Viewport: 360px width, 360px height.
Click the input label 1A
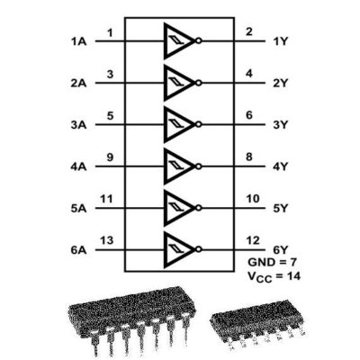(78, 41)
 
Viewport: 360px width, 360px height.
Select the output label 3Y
(281, 125)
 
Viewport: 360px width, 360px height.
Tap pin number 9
(110, 157)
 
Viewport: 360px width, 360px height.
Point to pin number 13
(107, 240)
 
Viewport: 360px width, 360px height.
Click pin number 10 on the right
(253, 199)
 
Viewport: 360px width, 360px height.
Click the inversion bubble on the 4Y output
(198, 166)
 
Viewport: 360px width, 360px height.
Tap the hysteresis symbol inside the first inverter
(175, 40)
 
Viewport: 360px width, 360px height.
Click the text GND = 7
(272, 262)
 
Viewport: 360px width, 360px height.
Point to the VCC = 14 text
(274, 276)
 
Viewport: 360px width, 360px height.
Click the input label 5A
(78, 208)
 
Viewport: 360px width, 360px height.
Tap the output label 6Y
(281, 250)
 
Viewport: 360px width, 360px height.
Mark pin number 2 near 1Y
(249, 31)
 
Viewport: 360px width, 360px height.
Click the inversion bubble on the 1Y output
(198, 41)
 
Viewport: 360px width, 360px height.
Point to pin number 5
(110, 115)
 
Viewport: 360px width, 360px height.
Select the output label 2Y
(281, 83)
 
